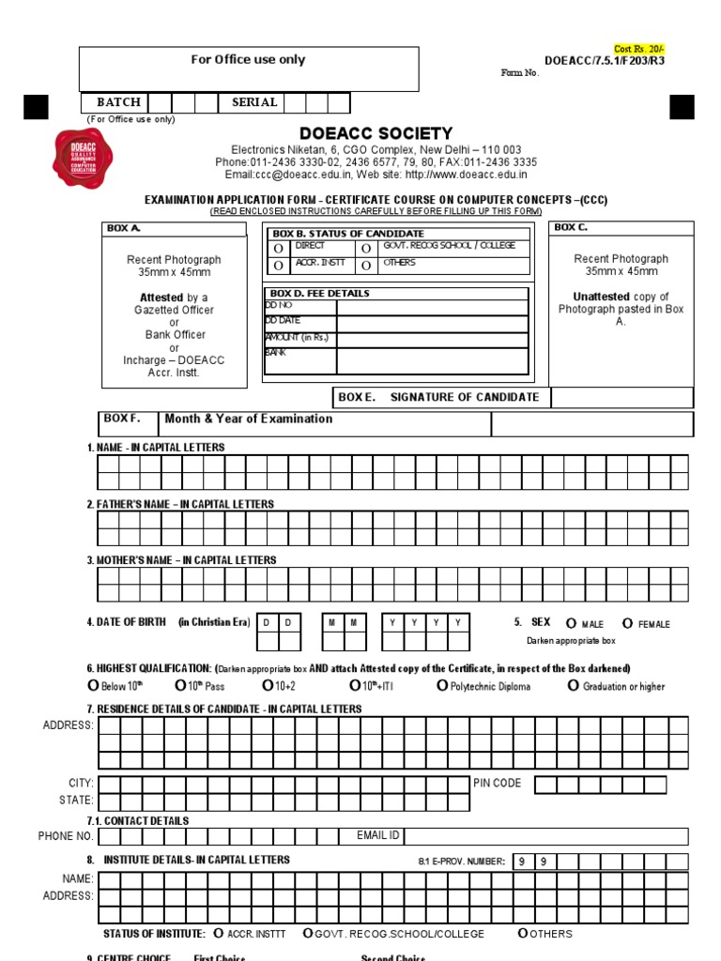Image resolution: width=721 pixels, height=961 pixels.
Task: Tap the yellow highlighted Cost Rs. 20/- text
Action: tap(638, 49)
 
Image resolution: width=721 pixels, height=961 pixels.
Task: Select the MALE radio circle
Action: tap(571, 623)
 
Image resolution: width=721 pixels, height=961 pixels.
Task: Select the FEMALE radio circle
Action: tap(628, 623)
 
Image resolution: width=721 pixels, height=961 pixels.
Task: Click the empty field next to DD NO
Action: tap(431, 306)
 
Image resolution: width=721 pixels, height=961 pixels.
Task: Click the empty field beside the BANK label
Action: tap(431, 360)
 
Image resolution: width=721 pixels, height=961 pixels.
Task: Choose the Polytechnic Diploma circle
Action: tap(442, 686)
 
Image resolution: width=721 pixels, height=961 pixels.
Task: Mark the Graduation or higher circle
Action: tap(574, 686)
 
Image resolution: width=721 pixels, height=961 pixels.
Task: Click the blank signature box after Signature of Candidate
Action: tap(621, 397)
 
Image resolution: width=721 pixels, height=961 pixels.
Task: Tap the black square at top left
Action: tap(35, 107)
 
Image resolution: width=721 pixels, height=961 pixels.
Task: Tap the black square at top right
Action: tap(682, 107)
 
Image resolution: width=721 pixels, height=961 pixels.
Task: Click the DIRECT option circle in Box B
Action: tap(278, 248)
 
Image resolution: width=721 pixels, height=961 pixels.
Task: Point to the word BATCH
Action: tap(118, 102)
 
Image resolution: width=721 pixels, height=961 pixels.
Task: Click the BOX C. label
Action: tap(571, 227)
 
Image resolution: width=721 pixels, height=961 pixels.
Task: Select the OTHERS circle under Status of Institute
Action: tap(523, 934)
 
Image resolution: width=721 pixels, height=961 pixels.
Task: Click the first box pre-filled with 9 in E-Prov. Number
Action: tap(523, 862)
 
